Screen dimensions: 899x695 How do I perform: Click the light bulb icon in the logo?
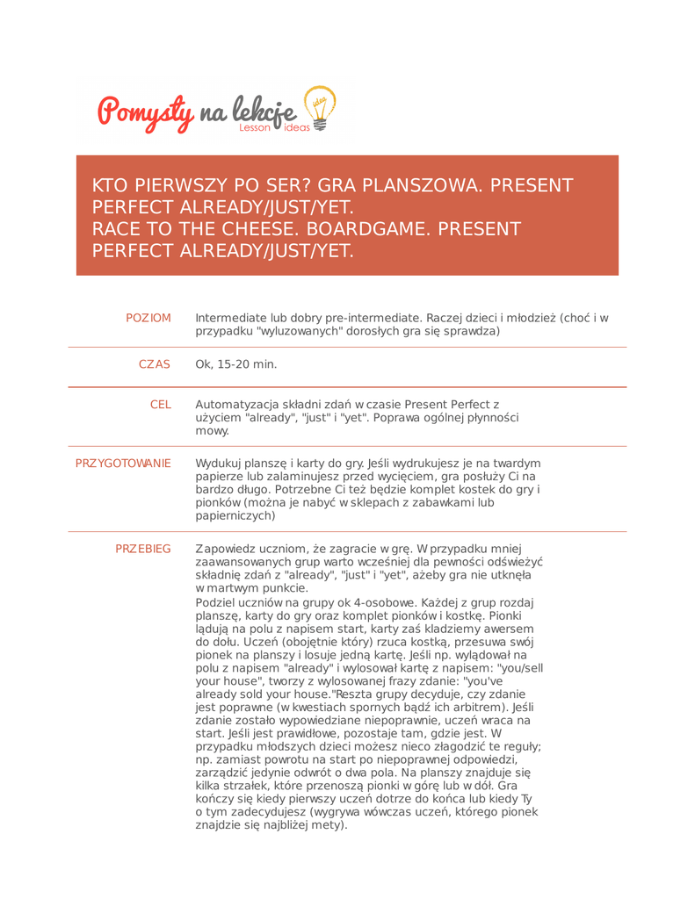(x=318, y=108)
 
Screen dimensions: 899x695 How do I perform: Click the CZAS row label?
(x=155, y=363)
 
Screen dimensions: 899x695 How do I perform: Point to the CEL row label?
(x=161, y=405)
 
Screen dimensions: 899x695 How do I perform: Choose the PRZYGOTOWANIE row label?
(x=123, y=463)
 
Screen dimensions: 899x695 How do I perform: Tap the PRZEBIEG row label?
(x=143, y=549)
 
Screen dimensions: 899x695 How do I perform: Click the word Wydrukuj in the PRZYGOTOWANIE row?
(x=221, y=463)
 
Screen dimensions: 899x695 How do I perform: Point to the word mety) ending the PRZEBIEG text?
(x=330, y=825)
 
